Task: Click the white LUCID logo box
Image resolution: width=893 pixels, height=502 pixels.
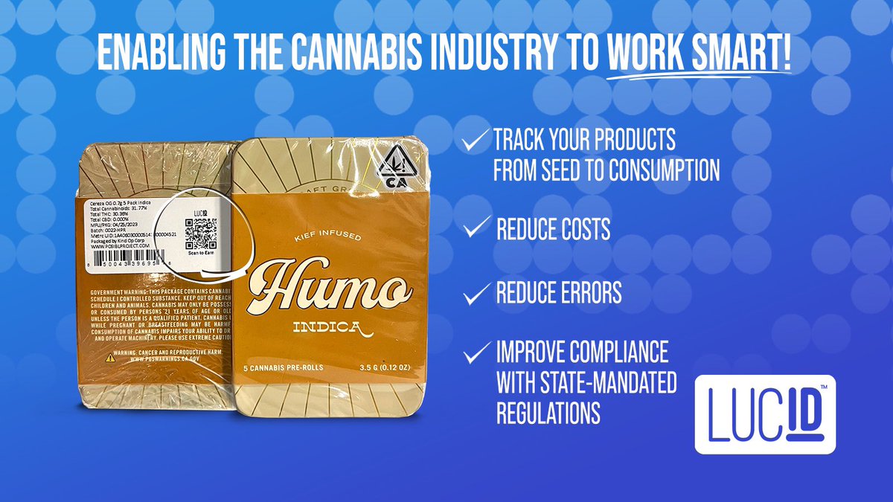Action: [765, 414]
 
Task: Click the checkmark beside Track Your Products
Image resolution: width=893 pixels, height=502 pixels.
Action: [475, 139]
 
